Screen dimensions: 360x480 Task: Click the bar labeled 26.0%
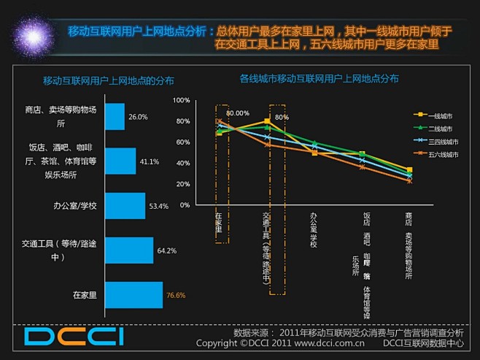click(115, 116)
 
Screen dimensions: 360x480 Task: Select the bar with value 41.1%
click(120, 161)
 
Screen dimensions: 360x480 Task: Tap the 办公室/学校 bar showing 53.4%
click(125, 206)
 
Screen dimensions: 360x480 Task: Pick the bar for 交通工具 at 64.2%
click(129, 250)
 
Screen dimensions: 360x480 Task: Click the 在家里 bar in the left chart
click(133, 295)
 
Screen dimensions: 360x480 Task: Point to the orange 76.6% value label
click(176, 296)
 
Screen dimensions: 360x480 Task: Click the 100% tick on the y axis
click(181, 100)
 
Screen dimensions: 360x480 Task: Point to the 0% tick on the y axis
click(185, 205)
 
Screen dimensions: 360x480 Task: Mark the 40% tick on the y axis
click(182, 163)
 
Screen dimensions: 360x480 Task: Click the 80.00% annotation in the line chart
click(237, 113)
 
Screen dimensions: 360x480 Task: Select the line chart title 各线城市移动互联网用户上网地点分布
click(319, 77)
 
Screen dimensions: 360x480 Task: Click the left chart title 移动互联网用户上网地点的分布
click(108, 80)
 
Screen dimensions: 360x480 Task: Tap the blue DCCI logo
click(74, 336)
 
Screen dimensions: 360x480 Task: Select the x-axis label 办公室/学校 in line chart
click(314, 229)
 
